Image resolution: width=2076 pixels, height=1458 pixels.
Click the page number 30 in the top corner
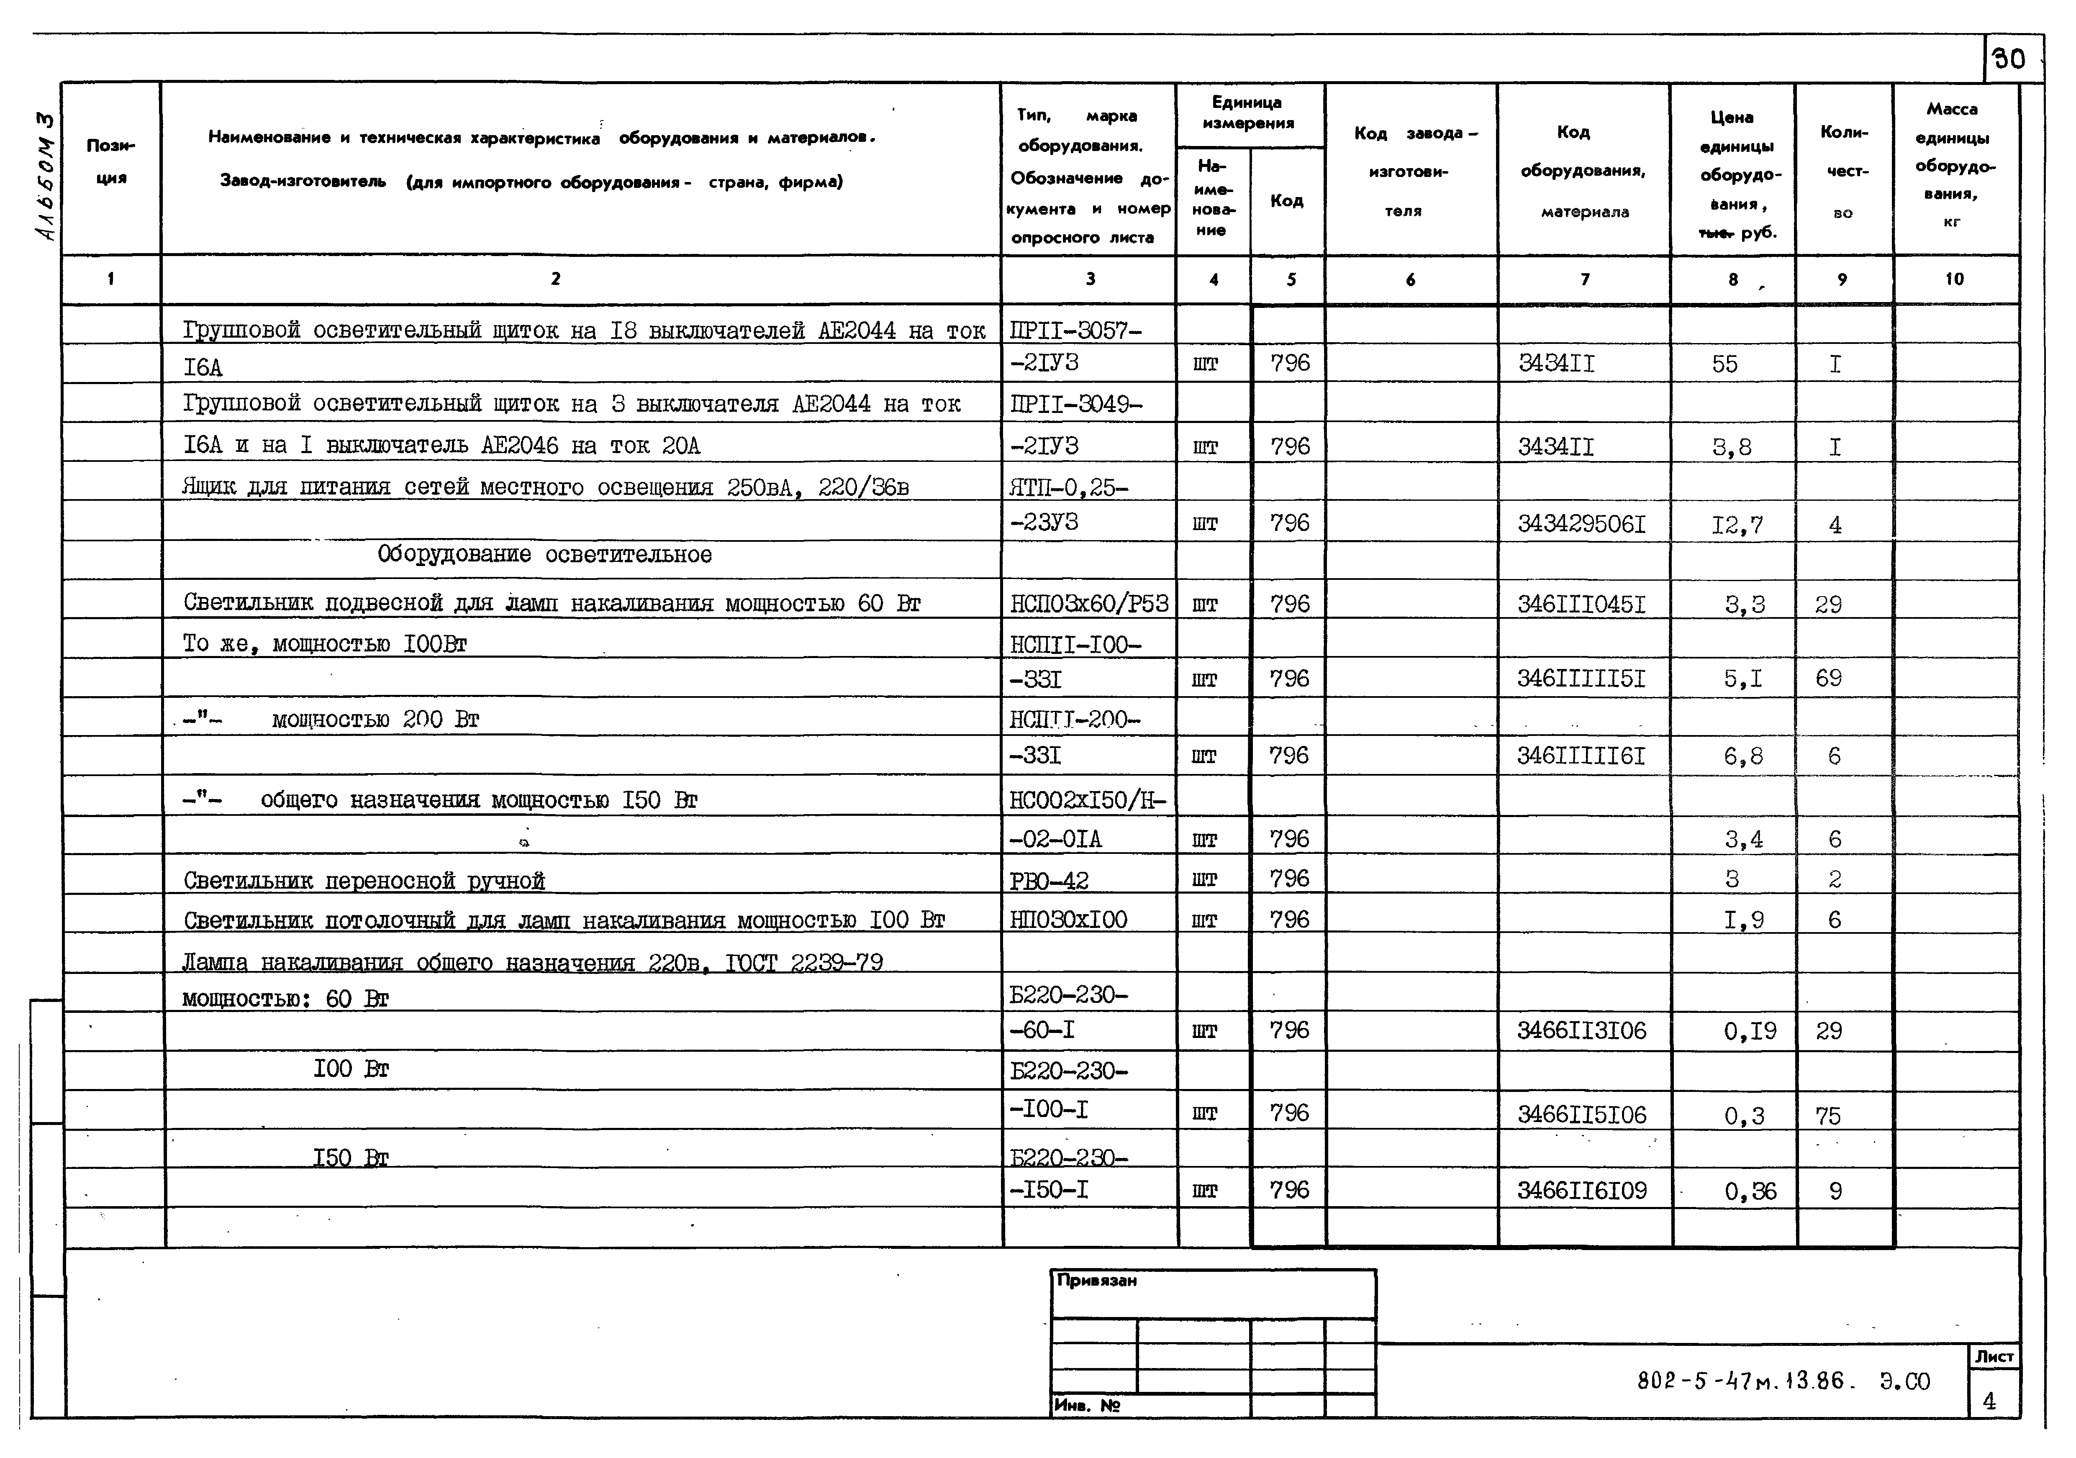point(2009,60)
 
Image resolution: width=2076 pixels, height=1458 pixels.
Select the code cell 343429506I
point(1581,524)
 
